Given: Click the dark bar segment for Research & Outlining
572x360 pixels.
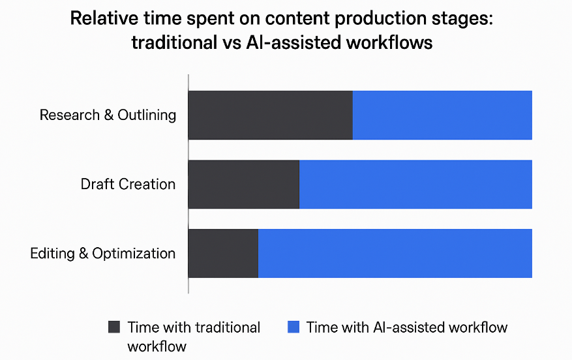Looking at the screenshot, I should (270, 115).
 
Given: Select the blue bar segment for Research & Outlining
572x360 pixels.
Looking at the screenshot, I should (442, 115).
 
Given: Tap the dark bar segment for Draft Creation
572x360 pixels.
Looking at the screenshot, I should (243, 184).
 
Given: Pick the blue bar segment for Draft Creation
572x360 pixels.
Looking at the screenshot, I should (415, 184).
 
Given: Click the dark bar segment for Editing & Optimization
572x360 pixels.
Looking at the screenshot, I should (223, 253).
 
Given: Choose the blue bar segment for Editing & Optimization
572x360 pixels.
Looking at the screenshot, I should (395, 253).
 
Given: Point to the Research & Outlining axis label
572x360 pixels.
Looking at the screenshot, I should (108, 115).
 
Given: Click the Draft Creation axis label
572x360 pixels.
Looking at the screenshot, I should (128, 184).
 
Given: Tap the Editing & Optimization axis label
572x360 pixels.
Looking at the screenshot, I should (103, 253).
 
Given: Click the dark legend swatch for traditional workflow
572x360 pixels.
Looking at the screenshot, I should (115, 327).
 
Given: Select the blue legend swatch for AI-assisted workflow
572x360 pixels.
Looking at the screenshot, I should (294, 327).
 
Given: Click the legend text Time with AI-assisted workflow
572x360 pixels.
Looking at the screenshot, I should (407, 327).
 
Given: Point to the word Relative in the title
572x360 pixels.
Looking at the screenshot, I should (104, 18).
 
